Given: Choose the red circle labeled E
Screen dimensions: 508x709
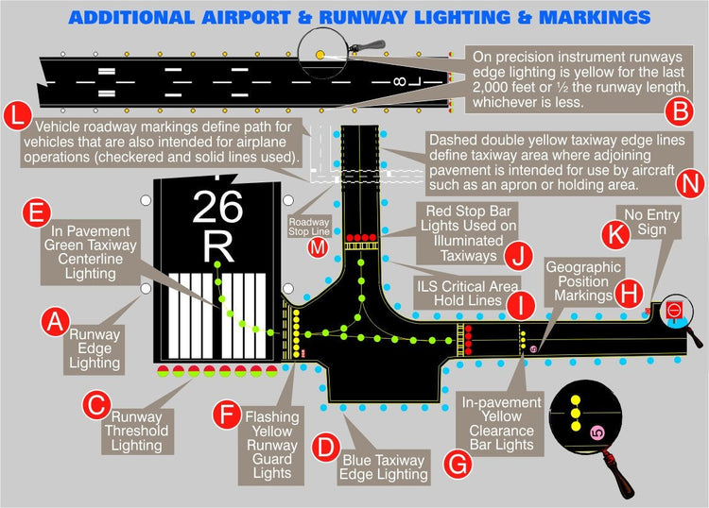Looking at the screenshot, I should pos(36,212).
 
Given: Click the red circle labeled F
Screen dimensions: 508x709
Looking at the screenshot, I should pos(227,414).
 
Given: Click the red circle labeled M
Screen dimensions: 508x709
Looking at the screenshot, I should pos(319,247).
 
